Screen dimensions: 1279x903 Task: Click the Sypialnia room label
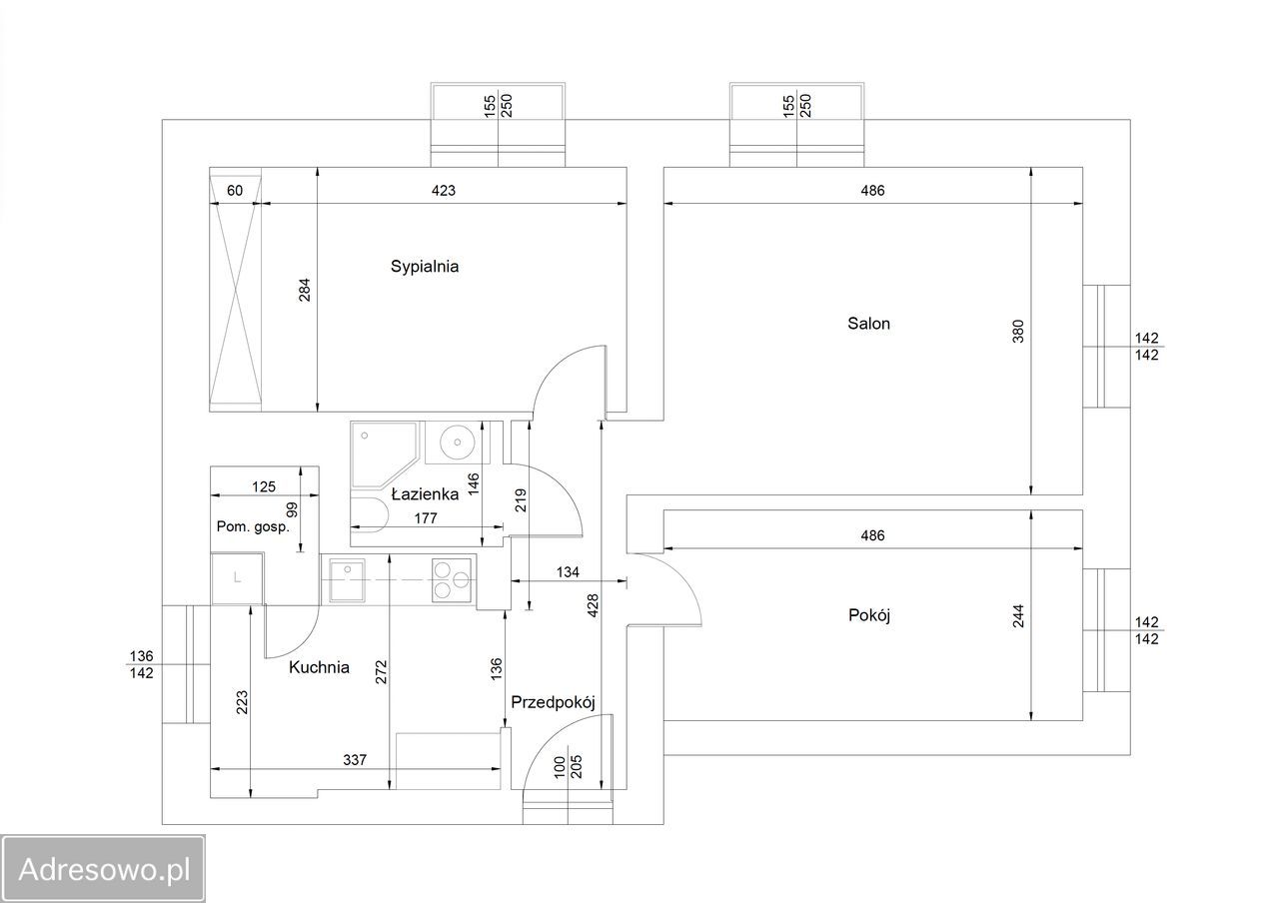pos(425,267)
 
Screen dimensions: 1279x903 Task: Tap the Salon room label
pos(868,324)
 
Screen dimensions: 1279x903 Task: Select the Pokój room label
pos(869,615)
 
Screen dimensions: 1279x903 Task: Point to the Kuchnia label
pos(319,667)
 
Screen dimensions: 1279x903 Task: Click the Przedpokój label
pos(553,702)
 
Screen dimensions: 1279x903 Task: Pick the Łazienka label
pos(425,494)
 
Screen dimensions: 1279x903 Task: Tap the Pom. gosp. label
pos(253,526)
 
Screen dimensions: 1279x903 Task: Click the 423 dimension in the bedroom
pos(443,191)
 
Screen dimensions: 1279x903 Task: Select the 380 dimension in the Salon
pos(1018,331)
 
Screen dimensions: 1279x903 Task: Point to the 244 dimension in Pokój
pos(1018,616)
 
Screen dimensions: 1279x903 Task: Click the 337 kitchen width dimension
pos(355,760)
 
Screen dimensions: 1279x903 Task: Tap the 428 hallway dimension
pos(593,605)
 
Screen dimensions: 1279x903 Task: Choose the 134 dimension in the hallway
pos(568,572)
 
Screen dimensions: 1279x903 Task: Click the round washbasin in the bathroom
pos(457,442)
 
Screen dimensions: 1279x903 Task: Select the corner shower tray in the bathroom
pos(384,454)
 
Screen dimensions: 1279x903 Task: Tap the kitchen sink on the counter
pos(347,580)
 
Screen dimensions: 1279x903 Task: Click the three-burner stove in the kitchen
pos(452,580)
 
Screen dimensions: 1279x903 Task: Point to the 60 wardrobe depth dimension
pos(235,191)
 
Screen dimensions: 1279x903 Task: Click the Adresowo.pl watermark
pos(103,869)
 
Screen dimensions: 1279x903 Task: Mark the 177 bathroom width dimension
pos(426,518)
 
